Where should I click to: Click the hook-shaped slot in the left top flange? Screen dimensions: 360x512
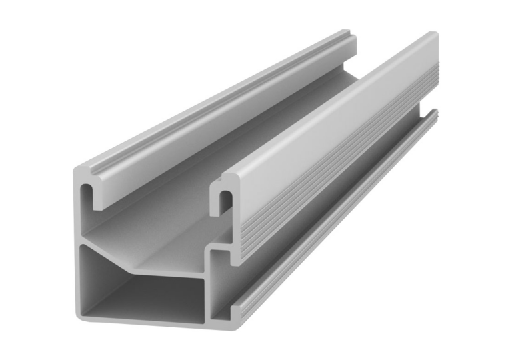(x=87, y=191)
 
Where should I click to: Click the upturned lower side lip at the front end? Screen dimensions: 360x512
(x=237, y=308)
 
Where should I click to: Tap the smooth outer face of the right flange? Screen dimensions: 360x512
(x=333, y=113)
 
